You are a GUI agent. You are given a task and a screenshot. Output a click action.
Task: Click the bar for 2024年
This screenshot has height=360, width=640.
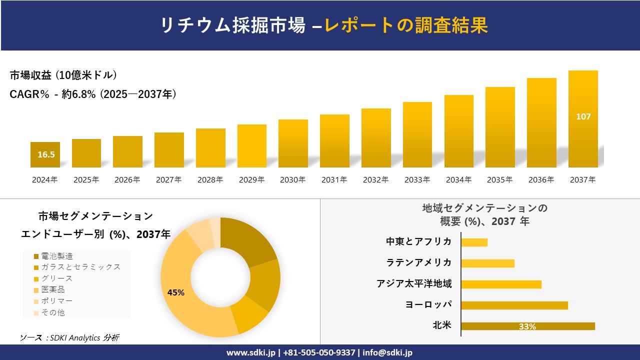point(45,154)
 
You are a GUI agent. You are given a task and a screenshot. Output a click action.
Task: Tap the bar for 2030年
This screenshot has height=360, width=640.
point(293,143)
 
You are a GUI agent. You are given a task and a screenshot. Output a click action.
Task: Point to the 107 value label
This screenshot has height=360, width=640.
point(583,116)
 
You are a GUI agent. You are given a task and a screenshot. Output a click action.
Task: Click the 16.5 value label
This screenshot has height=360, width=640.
point(46,154)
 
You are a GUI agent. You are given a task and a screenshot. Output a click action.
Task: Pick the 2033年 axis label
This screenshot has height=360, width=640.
point(417,180)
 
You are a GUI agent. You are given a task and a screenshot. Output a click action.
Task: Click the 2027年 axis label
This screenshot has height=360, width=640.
point(168,180)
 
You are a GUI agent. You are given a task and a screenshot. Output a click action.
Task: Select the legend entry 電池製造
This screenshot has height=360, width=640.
point(56,256)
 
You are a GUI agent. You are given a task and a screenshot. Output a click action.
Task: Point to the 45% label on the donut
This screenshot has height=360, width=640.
point(175,293)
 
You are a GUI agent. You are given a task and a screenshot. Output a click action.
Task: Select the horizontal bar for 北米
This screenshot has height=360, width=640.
point(527,326)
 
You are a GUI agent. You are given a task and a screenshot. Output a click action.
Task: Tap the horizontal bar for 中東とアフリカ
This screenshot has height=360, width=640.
point(474,242)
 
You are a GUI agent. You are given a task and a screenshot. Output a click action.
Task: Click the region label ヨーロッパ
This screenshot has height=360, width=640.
point(428,304)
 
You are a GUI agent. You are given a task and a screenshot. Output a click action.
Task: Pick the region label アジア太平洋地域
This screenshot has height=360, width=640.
point(414,283)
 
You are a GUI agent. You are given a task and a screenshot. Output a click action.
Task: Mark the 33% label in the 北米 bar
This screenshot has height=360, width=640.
point(527,326)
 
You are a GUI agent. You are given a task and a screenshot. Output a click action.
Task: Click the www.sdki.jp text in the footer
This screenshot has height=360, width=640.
point(250,352)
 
